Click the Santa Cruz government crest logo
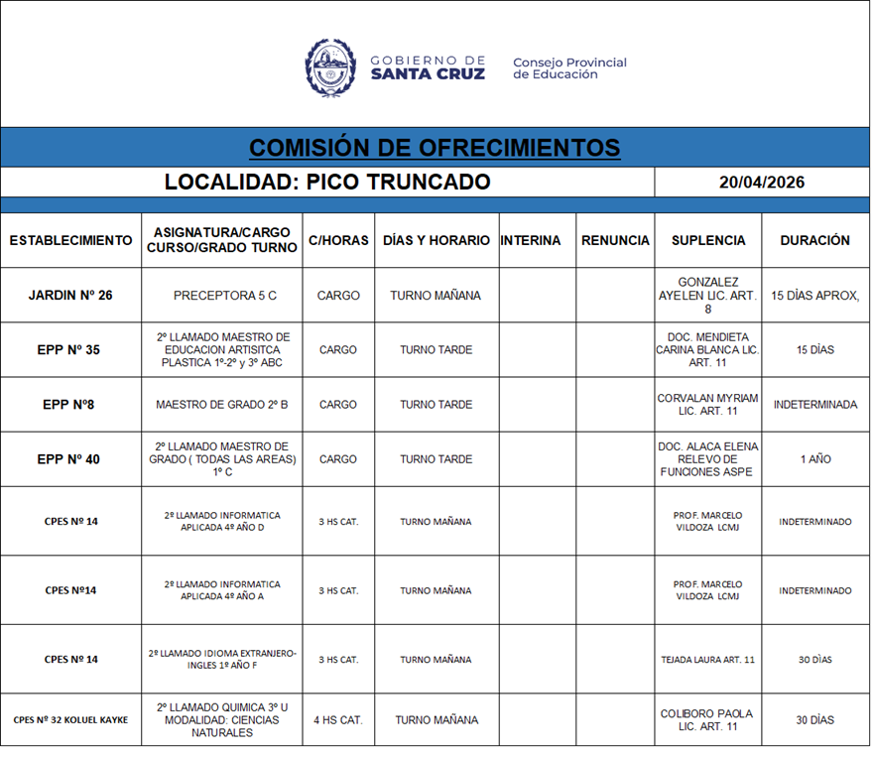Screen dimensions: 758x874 [x=330, y=66]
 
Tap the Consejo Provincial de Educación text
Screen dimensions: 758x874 [x=569, y=68]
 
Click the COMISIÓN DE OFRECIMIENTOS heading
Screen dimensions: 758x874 [x=435, y=148]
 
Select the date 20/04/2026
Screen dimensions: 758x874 [x=762, y=183]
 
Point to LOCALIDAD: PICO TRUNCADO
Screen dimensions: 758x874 [x=327, y=183]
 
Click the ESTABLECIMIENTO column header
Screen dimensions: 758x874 [x=70, y=240]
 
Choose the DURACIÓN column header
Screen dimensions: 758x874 [x=814, y=240]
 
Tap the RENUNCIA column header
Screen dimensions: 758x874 [x=615, y=240]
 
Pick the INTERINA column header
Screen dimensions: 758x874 [x=531, y=240]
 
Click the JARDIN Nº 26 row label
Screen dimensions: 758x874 [x=70, y=296]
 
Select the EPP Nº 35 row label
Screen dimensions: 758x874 [x=70, y=350]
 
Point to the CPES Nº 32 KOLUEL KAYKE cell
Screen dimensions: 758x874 [x=70, y=720]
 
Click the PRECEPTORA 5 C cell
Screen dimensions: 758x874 [x=225, y=296]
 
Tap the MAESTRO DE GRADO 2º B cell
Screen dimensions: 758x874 [x=222, y=405]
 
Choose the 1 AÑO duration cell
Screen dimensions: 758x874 [x=814, y=459]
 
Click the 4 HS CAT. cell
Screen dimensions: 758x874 [x=338, y=720]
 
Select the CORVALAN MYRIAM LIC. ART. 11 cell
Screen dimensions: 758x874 [x=708, y=405]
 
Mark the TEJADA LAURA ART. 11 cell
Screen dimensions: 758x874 [x=708, y=660]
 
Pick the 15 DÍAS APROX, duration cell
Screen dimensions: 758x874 [x=814, y=296]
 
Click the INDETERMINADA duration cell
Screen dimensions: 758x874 [x=814, y=405]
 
